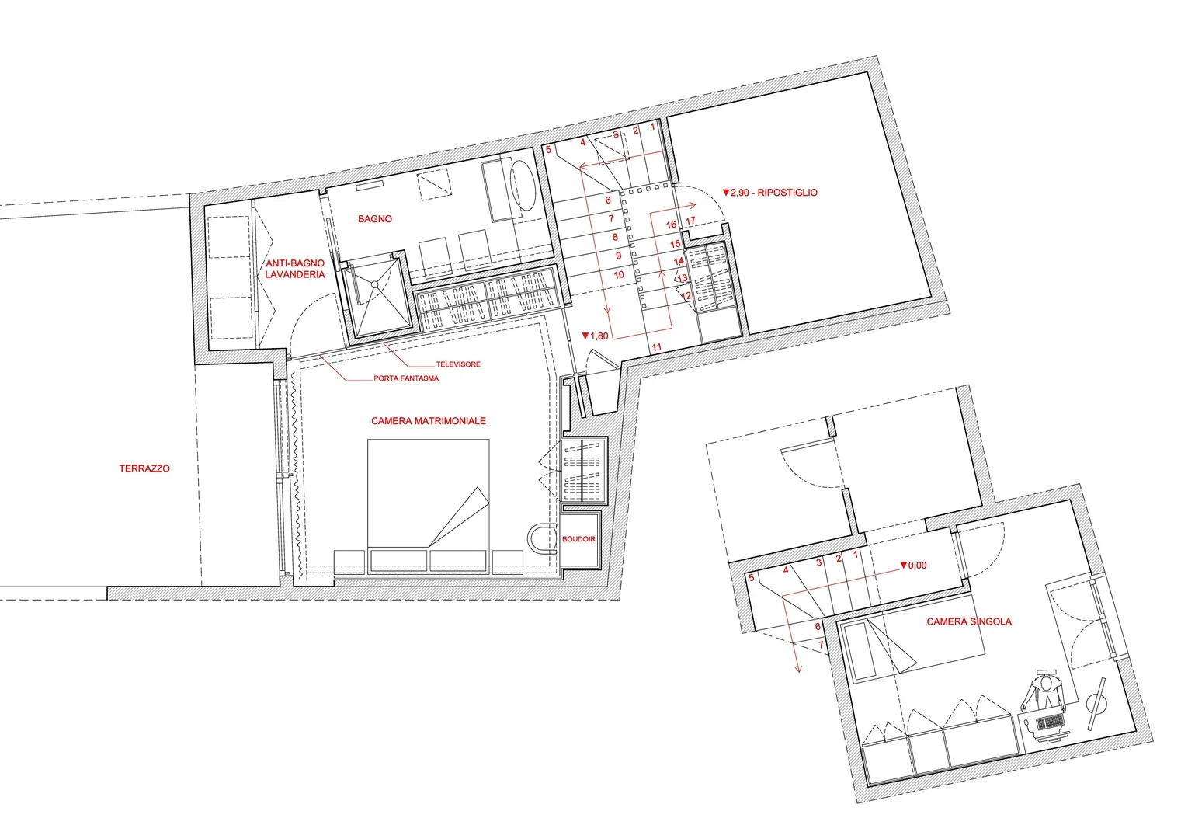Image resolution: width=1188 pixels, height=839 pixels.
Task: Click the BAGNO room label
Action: [375, 218]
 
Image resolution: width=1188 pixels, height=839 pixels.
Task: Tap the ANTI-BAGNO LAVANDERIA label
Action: [295, 269]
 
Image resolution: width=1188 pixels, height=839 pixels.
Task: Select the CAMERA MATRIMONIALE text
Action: [428, 421]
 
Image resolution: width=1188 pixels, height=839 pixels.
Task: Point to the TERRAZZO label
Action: [144, 468]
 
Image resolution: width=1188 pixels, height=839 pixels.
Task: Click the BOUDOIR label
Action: [578, 538]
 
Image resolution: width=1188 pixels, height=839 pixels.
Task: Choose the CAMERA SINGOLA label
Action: [969, 621]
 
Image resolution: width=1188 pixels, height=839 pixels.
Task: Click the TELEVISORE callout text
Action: [458, 364]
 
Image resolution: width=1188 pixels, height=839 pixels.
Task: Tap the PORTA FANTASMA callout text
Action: [406, 378]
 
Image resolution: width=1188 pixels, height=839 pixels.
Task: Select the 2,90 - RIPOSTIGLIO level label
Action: [769, 193]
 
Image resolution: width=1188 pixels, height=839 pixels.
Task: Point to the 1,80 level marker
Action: [595, 336]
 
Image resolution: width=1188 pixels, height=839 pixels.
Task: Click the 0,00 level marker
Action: [913, 566]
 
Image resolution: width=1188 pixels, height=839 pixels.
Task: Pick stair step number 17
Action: [690, 221]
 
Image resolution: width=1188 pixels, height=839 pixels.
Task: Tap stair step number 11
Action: [657, 347]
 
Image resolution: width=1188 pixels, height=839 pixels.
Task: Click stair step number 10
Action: [619, 275]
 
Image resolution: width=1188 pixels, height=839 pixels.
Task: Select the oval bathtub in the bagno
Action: [523, 186]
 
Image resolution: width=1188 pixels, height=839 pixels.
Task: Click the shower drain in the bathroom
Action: [375, 285]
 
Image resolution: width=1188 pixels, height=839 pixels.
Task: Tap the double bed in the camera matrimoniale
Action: [428, 493]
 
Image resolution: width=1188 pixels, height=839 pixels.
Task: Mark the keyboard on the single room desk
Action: [1050, 721]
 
